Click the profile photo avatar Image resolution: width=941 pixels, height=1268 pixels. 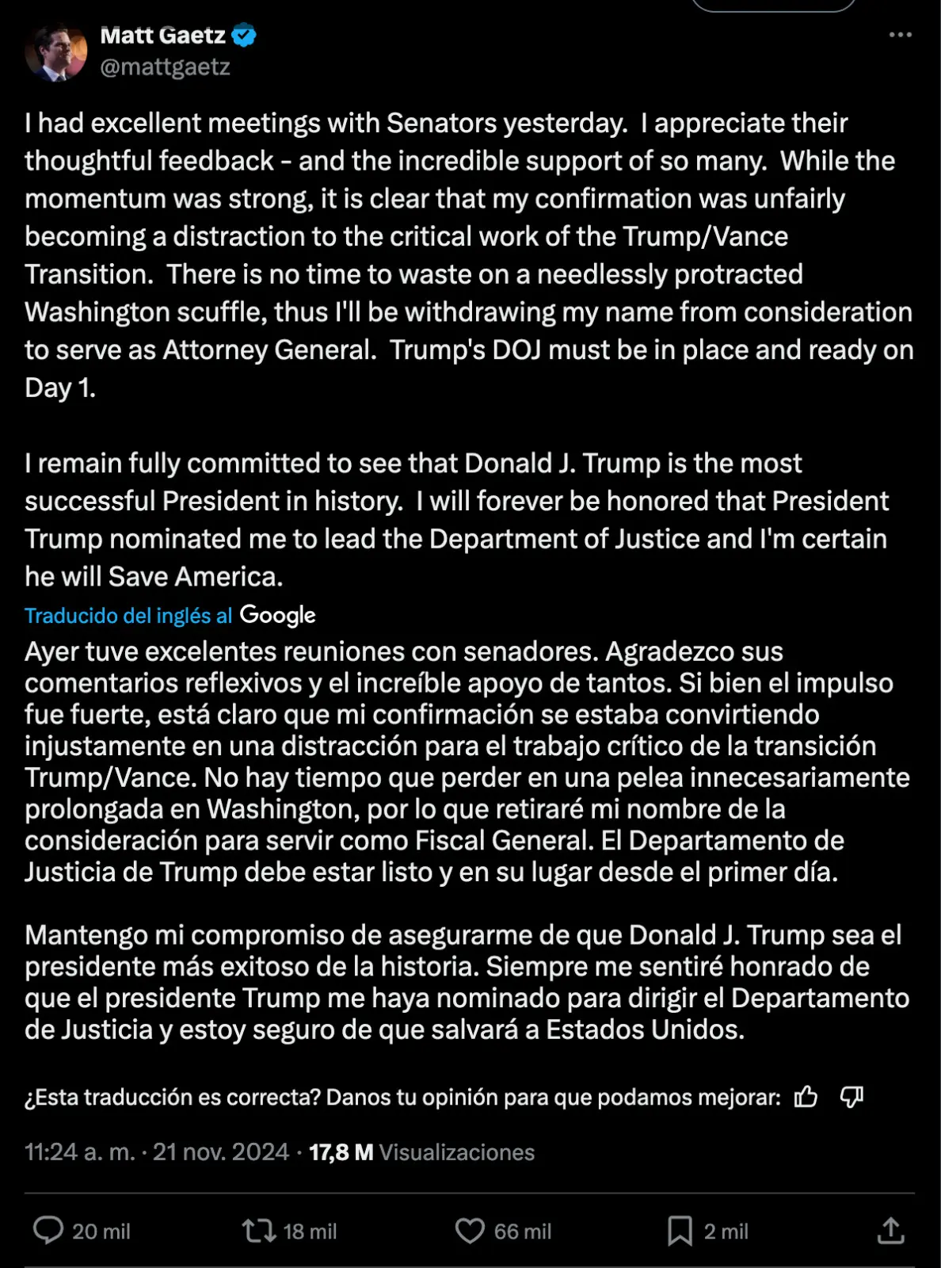pos(55,52)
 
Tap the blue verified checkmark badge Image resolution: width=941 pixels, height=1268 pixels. pos(244,36)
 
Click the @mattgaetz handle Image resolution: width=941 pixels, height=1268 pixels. pos(165,67)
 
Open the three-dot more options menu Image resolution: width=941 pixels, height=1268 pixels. pos(900,35)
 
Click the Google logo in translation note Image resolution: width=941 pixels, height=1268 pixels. pos(277,615)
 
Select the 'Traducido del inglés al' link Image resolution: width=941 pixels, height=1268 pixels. pos(128,616)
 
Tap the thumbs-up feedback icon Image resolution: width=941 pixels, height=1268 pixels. pos(806,1097)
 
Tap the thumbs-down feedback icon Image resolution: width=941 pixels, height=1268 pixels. pos(851,1097)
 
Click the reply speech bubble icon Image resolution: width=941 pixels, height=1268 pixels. pos(48,1231)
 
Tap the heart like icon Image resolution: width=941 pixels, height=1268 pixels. pos(470,1231)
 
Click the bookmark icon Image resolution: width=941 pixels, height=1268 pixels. pos(680,1231)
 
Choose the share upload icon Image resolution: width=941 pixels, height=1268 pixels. pos(891,1231)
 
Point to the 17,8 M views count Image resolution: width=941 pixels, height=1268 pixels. pos(341,1152)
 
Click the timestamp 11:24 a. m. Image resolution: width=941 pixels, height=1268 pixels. pos(79,1152)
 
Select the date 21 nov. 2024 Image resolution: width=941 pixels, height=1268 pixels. pos(221,1152)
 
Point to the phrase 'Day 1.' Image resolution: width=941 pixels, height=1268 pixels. pos(60,388)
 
